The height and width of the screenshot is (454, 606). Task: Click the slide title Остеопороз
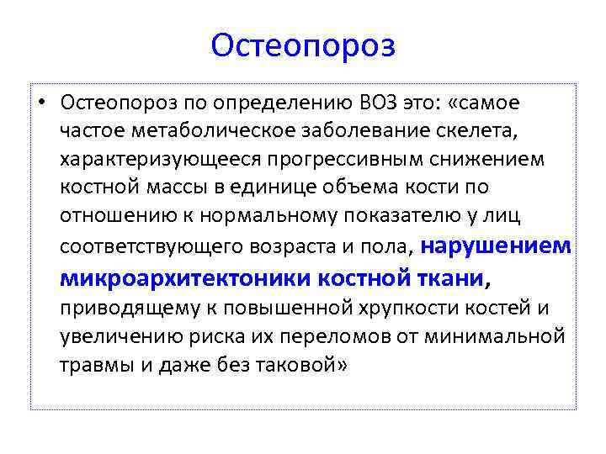coord(303,45)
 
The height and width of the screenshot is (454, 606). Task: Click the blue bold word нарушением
coord(495,245)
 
